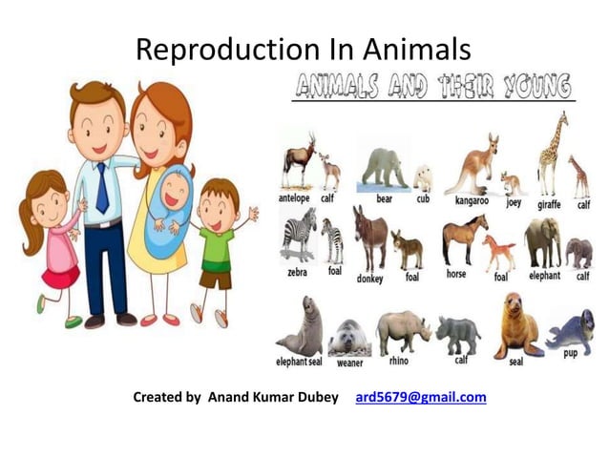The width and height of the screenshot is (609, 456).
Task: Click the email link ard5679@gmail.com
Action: (x=420, y=397)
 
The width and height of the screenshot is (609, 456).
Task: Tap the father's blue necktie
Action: (x=102, y=187)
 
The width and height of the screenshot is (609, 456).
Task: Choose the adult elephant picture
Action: (x=542, y=240)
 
